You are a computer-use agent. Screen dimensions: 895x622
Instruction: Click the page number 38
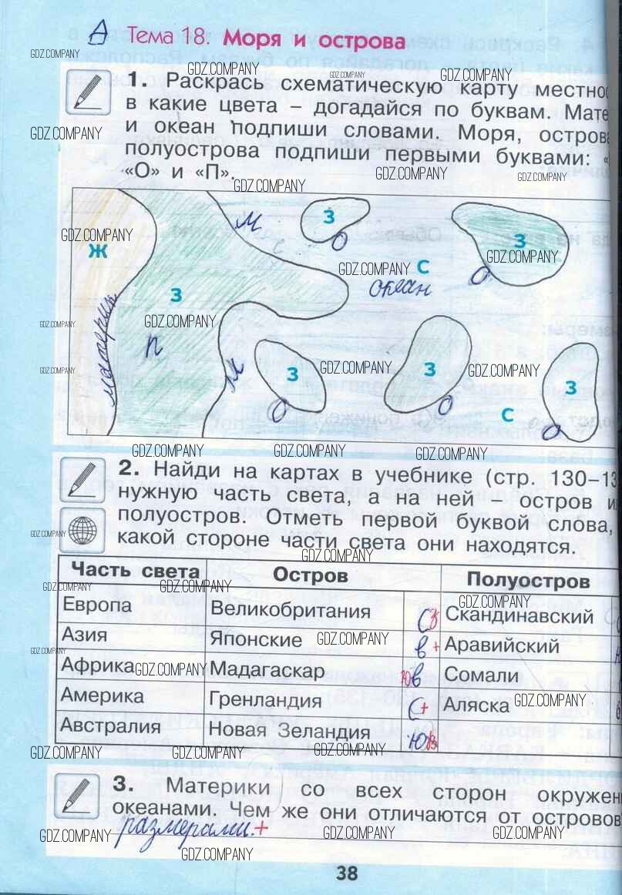click(347, 873)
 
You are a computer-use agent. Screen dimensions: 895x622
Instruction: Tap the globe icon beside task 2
click(82, 529)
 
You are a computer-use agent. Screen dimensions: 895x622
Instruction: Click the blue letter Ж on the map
click(96, 250)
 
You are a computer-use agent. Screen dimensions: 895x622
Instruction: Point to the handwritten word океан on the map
click(398, 288)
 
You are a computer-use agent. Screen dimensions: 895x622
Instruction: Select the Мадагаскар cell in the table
click(267, 671)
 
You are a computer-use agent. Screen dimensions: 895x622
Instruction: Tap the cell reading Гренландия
click(265, 701)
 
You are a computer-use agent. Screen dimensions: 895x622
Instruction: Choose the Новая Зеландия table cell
click(290, 731)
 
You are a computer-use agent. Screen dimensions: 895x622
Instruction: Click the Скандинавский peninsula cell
click(519, 615)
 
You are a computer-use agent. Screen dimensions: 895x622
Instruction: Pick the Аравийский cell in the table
click(502, 645)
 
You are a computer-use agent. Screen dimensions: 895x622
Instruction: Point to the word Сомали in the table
click(482, 675)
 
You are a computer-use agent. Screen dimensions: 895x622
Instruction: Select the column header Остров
click(311, 575)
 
